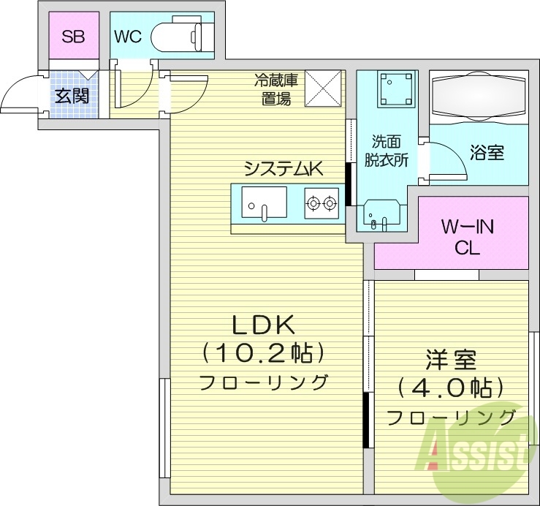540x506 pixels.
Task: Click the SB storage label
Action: coord(73,36)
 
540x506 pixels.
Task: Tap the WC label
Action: coord(127,36)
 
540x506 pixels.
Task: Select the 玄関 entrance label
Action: coord(71,95)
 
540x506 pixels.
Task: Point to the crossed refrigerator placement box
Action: coord(323,88)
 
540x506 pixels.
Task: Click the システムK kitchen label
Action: coord(283,169)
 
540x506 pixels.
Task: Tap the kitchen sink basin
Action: coord(263,202)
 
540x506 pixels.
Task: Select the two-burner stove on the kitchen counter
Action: coord(322,203)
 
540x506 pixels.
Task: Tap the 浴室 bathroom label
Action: coord(486,153)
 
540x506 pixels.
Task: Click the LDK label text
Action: coord(262,323)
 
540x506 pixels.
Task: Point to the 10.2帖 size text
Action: coord(262,353)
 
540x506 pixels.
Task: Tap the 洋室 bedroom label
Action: coord(451,360)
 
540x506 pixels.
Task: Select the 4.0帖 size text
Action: coord(451,388)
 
